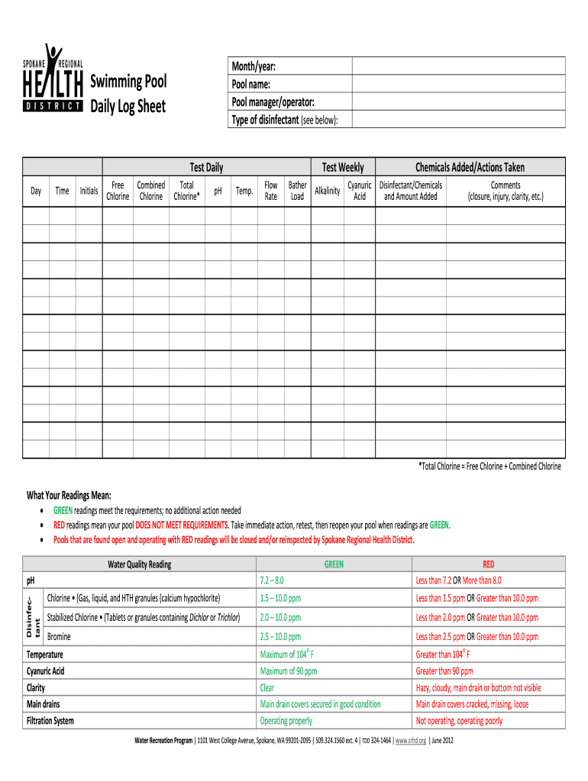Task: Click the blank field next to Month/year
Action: pyautogui.click(x=457, y=66)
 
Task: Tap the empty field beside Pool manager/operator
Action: pyautogui.click(x=457, y=102)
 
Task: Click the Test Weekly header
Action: pyautogui.click(x=343, y=167)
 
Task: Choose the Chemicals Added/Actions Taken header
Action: pyautogui.click(x=470, y=167)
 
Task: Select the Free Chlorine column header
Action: pyautogui.click(x=118, y=191)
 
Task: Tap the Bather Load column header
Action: pyautogui.click(x=297, y=191)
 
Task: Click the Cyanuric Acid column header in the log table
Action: pyautogui.click(x=359, y=191)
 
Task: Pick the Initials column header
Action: pyautogui.click(x=89, y=191)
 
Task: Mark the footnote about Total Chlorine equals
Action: pyautogui.click(x=489, y=466)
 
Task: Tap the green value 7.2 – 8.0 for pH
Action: pyautogui.click(x=272, y=580)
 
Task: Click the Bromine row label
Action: pyautogui.click(x=60, y=636)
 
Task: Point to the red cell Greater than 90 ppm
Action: pyautogui.click(x=444, y=671)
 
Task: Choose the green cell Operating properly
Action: pyautogui.click(x=286, y=721)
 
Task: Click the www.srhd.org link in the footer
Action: pyautogui.click(x=412, y=741)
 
